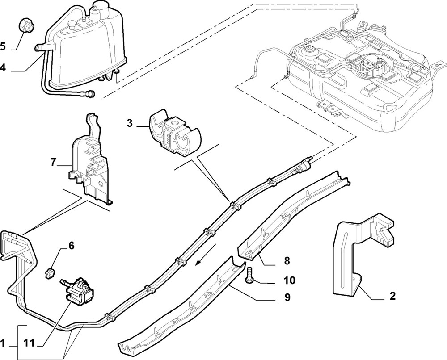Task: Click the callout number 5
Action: (3, 46)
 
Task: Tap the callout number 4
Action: (3, 68)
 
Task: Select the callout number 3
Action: (130, 123)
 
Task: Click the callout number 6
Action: (71, 245)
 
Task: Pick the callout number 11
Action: (29, 343)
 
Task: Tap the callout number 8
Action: (287, 260)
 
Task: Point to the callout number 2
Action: (392, 296)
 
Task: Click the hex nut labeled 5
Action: (26, 25)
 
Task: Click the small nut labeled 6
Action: (50, 273)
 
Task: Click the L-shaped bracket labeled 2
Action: (364, 254)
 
